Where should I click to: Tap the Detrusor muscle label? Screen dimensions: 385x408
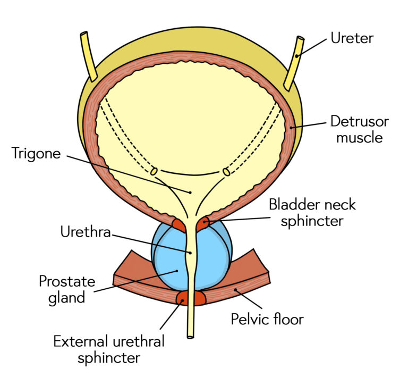click(x=359, y=129)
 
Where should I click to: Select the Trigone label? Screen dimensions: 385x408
click(x=36, y=154)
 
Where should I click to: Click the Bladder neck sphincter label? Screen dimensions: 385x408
click(x=312, y=212)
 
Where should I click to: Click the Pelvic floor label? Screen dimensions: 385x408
click(x=267, y=319)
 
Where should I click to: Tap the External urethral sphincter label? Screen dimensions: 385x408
click(x=109, y=349)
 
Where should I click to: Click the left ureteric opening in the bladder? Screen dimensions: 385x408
click(x=154, y=171)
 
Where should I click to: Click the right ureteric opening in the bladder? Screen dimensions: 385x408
click(x=226, y=172)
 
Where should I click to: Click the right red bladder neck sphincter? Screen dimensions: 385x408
click(x=203, y=225)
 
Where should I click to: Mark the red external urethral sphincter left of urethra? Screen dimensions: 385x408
click(x=182, y=298)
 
